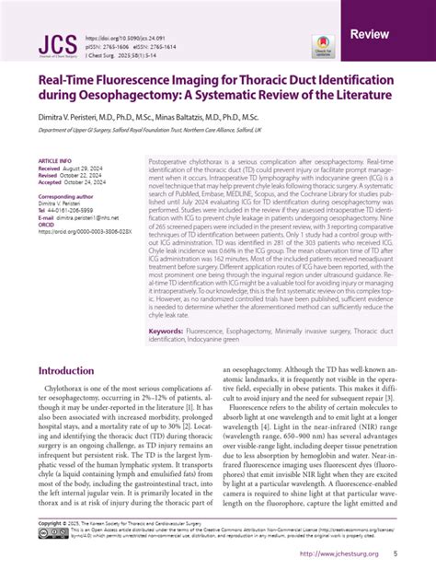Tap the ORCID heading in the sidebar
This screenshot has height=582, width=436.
47,225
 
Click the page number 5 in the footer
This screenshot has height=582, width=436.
395,553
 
